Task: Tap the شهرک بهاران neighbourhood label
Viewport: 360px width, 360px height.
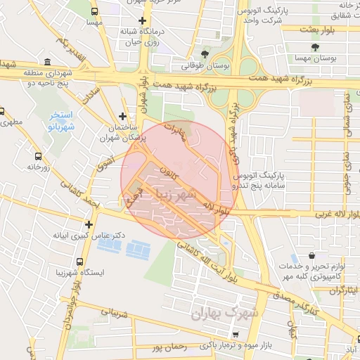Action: [225, 313]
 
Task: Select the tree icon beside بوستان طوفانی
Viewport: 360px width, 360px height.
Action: [205, 53]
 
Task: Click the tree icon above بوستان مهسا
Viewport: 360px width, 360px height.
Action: [314, 49]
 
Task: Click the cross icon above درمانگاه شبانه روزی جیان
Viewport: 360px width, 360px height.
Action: [143, 20]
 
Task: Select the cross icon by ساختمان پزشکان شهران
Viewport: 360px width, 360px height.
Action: [123, 115]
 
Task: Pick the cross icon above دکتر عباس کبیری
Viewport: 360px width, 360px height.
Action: [89, 224]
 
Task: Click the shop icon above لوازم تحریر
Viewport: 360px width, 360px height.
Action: [311, 256]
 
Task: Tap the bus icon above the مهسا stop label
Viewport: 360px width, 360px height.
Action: [94, 11]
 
